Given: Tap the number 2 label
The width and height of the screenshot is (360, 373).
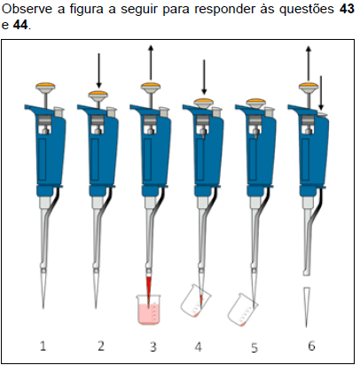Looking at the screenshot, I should pos(100,346).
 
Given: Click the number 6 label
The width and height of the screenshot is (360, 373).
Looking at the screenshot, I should pos(310,346).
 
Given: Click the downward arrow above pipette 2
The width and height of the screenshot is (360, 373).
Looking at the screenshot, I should pos(98,69).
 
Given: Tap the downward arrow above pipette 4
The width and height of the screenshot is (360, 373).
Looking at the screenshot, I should pos(204,76).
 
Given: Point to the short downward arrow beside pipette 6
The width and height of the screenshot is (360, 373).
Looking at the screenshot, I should pos(321,93).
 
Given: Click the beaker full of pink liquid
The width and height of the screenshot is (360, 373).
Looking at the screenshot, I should pos(149,309).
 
